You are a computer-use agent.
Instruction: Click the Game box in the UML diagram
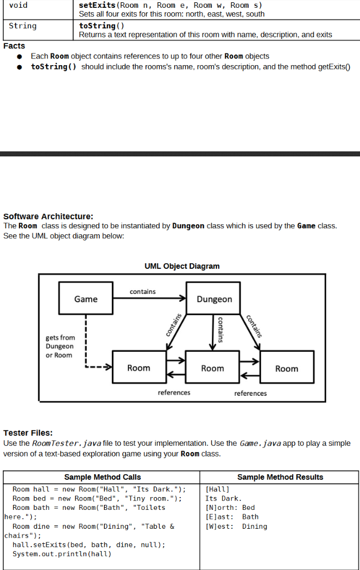pos(86,299)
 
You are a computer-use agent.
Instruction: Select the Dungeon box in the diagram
pos(214,299)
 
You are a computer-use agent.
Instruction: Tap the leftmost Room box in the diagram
pos(139,368)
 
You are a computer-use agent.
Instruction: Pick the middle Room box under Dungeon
pos(213,368)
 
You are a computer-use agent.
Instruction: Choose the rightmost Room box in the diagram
pos(287,368)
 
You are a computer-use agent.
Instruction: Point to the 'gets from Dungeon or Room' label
pos(60,346)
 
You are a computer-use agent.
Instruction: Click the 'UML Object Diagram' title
pos(182,266)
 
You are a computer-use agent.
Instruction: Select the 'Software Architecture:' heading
pos(48,217)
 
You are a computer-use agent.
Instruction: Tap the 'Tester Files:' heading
pos(28,433)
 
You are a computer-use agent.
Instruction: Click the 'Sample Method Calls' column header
pos(102,477)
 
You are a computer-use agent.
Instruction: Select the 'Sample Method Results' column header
pos(280,477)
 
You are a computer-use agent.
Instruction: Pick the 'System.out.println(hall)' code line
pos(62,554)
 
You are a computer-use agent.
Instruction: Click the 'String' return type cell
pos(23,26)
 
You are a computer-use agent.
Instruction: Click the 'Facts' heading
pos(14,46)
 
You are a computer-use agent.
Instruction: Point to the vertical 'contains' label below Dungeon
pos(220,329)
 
